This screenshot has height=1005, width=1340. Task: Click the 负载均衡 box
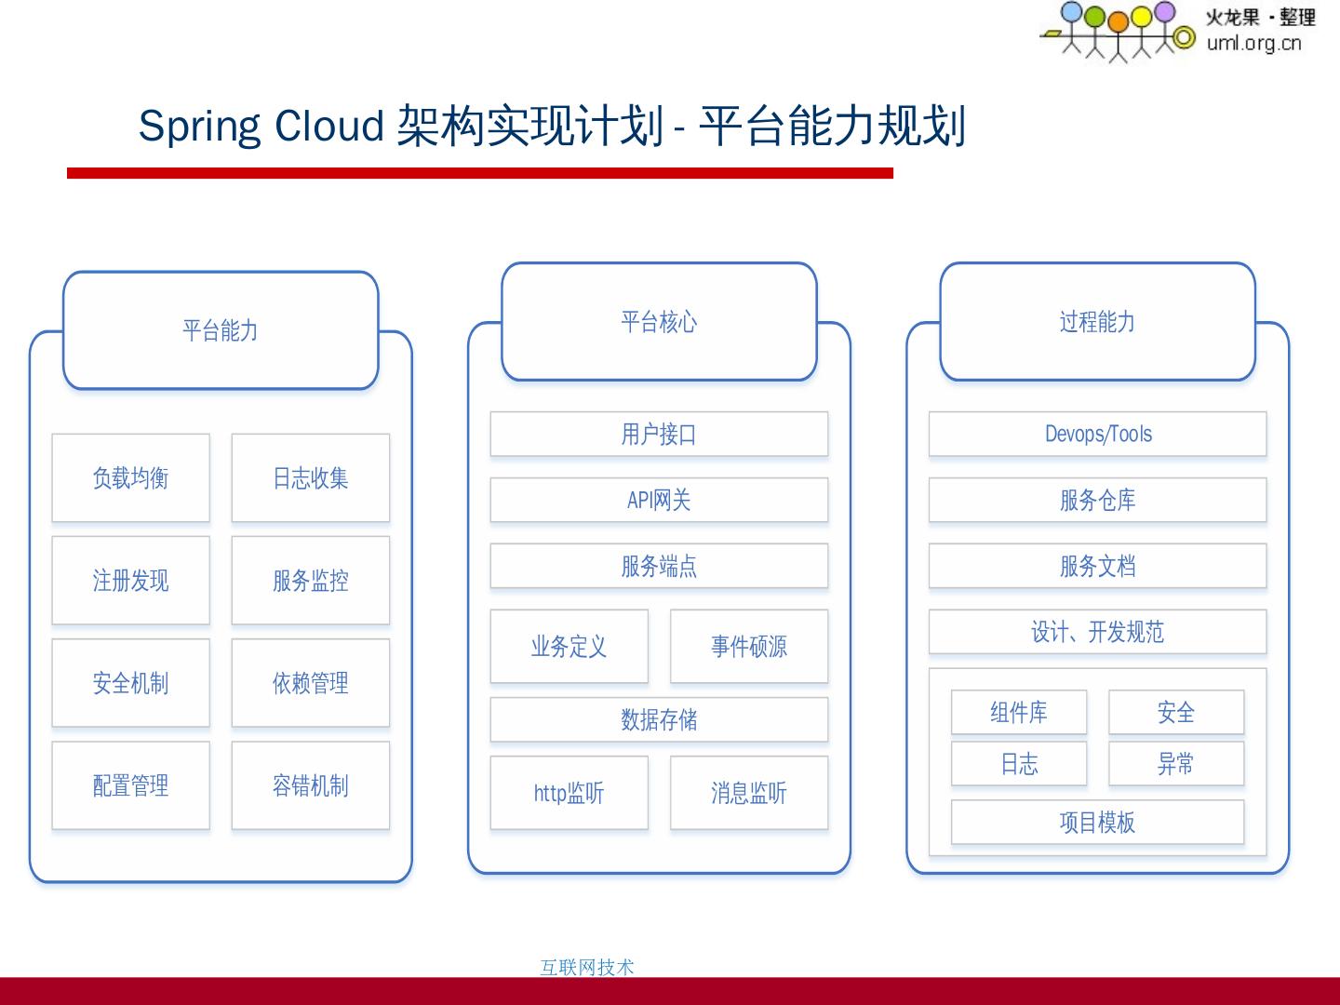pyautogui.click(x=130, y=478)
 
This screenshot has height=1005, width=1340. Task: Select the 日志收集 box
pyautogui.click(x=311, y=478)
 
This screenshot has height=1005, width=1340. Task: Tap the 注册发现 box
pyautogui.click(x=130, y=581)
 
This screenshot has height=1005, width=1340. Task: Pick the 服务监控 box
pyautogui.click(x=311, y=581)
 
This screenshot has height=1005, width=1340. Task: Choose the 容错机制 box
pyautogui.click(x=311, y=785)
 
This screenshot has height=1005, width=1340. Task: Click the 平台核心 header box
pyautogui.click(x=659, y=322)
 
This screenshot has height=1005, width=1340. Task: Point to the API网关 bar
pyautogui.click(x=659, y=501)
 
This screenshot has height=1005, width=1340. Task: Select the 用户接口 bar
pyautogui.click(x=659, y=435)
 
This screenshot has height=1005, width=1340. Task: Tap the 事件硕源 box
pyautogui.click(x=749, y=647)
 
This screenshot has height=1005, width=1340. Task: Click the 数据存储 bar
pyautogui.click(x=659, y=719)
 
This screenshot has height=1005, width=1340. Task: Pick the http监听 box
pyautogui.click(x=569, y=793)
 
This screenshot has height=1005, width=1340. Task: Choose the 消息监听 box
pyautogui.click(x=749, y=793)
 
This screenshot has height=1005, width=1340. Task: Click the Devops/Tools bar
pyautogui.click(x=1098, y=435)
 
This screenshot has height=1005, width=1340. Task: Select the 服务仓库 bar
pyautogui.click(x=1098, y=501)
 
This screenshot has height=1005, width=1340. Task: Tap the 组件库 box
pyautogui.click(x=1019, y=713)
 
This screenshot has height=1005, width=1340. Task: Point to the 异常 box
pyautogui.click(x=1176, y=764)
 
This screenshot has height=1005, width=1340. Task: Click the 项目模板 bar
pyautogui.click(x=1098, y=823)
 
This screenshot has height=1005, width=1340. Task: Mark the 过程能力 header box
pyautogui.click(x=1098, y=322)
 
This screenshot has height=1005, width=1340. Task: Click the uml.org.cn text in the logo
pyautogui.click(x=1253, y=43)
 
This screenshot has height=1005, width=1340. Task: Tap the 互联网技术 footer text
pyautogui.click(x=587, y=968)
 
